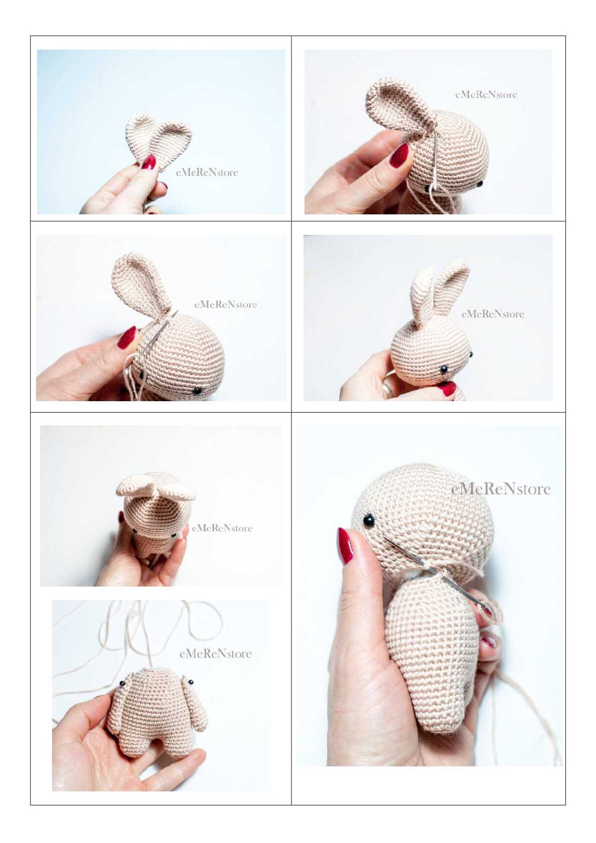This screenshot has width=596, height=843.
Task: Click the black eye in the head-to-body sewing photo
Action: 368,520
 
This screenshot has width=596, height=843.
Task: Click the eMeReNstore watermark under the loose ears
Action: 207,172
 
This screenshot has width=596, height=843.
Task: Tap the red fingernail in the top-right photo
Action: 399,155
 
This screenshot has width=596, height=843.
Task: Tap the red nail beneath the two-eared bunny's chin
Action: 447,388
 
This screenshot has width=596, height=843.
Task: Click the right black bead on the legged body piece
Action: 191,682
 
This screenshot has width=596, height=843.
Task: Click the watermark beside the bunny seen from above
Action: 222,528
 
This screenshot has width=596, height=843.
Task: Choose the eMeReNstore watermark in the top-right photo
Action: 486,95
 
